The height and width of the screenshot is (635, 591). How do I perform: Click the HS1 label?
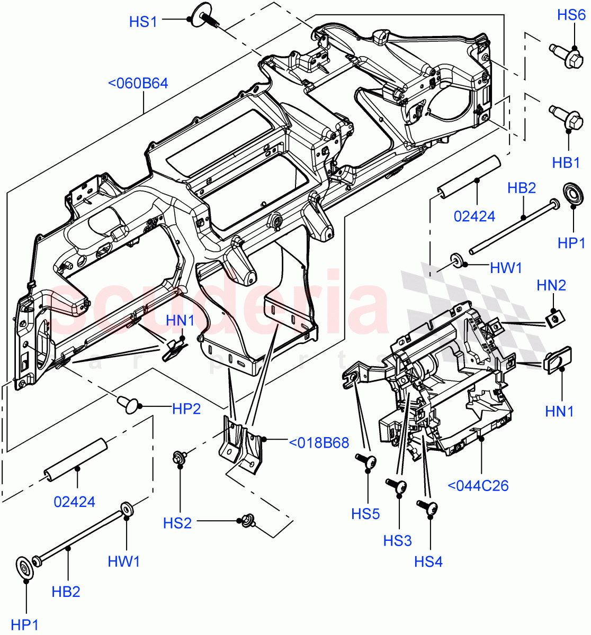[143, 22]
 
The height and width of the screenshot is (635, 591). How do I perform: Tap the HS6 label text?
[571, 15]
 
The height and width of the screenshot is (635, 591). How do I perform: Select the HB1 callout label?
[566, 162]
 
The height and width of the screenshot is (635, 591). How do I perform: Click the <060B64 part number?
[138, 83]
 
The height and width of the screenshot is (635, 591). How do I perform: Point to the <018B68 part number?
[318, 442]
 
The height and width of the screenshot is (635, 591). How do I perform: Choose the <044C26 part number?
[478, 485]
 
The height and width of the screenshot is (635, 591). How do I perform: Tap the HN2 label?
[551, 285]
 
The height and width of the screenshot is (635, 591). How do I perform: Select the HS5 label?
[365, 513]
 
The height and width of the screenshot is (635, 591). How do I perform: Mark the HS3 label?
[397, 540]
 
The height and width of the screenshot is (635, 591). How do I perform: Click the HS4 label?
[428, 561]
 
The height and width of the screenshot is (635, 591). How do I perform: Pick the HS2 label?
[177, 523]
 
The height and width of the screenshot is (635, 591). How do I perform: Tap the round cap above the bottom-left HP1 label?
[25, 567]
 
